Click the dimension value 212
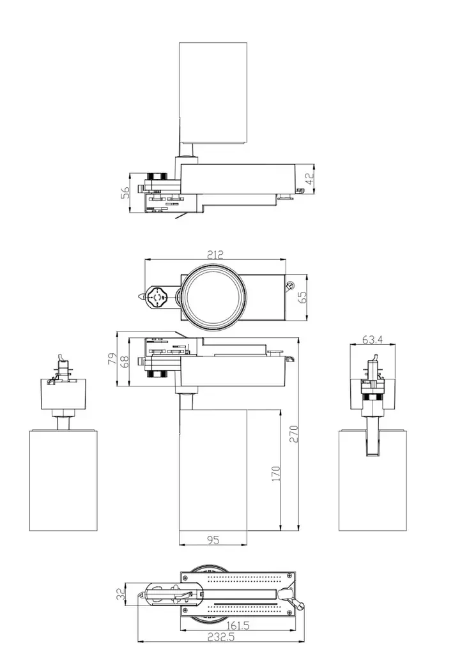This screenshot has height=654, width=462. coord(215,254)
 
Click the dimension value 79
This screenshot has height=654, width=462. coord(111,359)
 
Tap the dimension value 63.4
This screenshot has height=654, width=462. coord(372,340)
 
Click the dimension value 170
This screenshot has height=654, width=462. coord(276,473)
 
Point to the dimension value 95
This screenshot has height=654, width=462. coord(213,540)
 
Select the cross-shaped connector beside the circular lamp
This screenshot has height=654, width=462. coord(157,298)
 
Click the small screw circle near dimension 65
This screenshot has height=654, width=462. coord(289,285)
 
